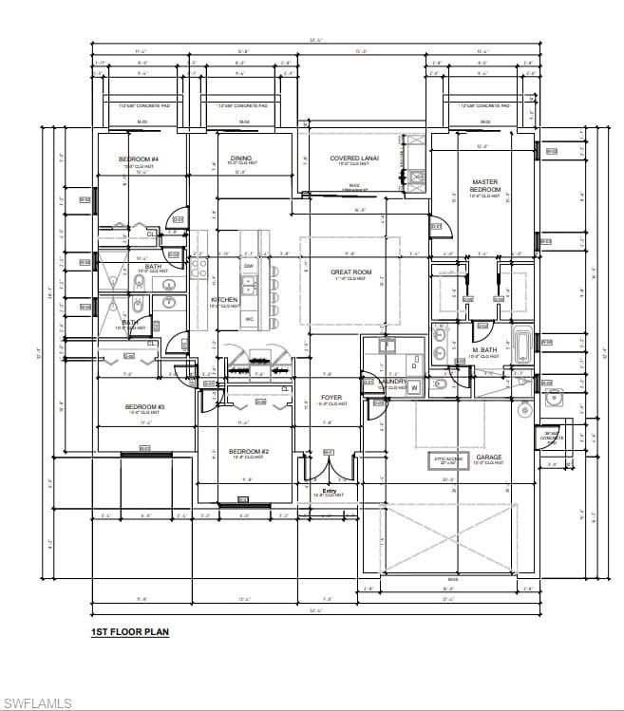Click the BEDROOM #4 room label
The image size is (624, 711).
click(139, 159)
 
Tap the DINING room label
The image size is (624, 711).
click(240, 159)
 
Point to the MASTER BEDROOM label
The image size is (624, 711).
click(484, 186)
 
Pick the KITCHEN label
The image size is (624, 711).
click(224, 300)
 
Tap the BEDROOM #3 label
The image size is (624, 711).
click(145, 407)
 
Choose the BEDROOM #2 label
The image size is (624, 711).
click(247, 452)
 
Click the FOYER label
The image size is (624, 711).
click(331, 398)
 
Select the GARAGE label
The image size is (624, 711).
click(489, 458)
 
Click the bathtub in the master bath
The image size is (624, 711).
click(524, 343)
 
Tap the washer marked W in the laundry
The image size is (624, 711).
click(414, 387)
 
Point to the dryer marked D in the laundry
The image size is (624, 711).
click(414, 365)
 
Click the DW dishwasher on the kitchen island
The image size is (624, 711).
click(248, 267)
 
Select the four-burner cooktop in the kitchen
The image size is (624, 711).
click(199, 270)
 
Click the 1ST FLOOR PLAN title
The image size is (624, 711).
click(129, 631)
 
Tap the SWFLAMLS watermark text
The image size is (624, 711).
click(37, 702)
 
